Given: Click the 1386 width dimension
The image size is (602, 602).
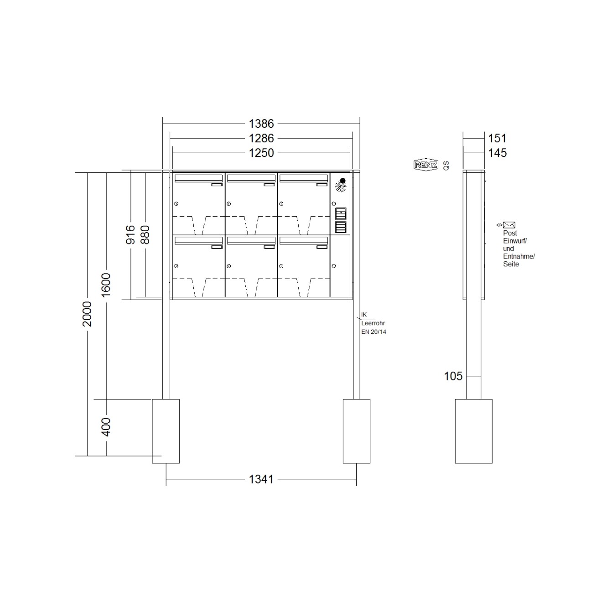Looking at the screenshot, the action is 261,124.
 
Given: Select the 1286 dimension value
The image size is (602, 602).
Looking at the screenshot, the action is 261,138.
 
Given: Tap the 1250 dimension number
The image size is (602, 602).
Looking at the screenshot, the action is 261,153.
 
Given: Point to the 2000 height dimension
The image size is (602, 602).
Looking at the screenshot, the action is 87,314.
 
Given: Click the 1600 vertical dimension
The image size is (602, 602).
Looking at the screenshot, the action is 106,285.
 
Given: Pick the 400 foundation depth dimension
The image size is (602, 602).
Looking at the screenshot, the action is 106,427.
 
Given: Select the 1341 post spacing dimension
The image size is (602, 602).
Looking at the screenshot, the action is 261,479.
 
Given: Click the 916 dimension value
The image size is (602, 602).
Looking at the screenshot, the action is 130,234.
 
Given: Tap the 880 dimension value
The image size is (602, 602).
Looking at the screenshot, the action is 145,234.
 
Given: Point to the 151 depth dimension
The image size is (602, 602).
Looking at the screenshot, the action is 497,138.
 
